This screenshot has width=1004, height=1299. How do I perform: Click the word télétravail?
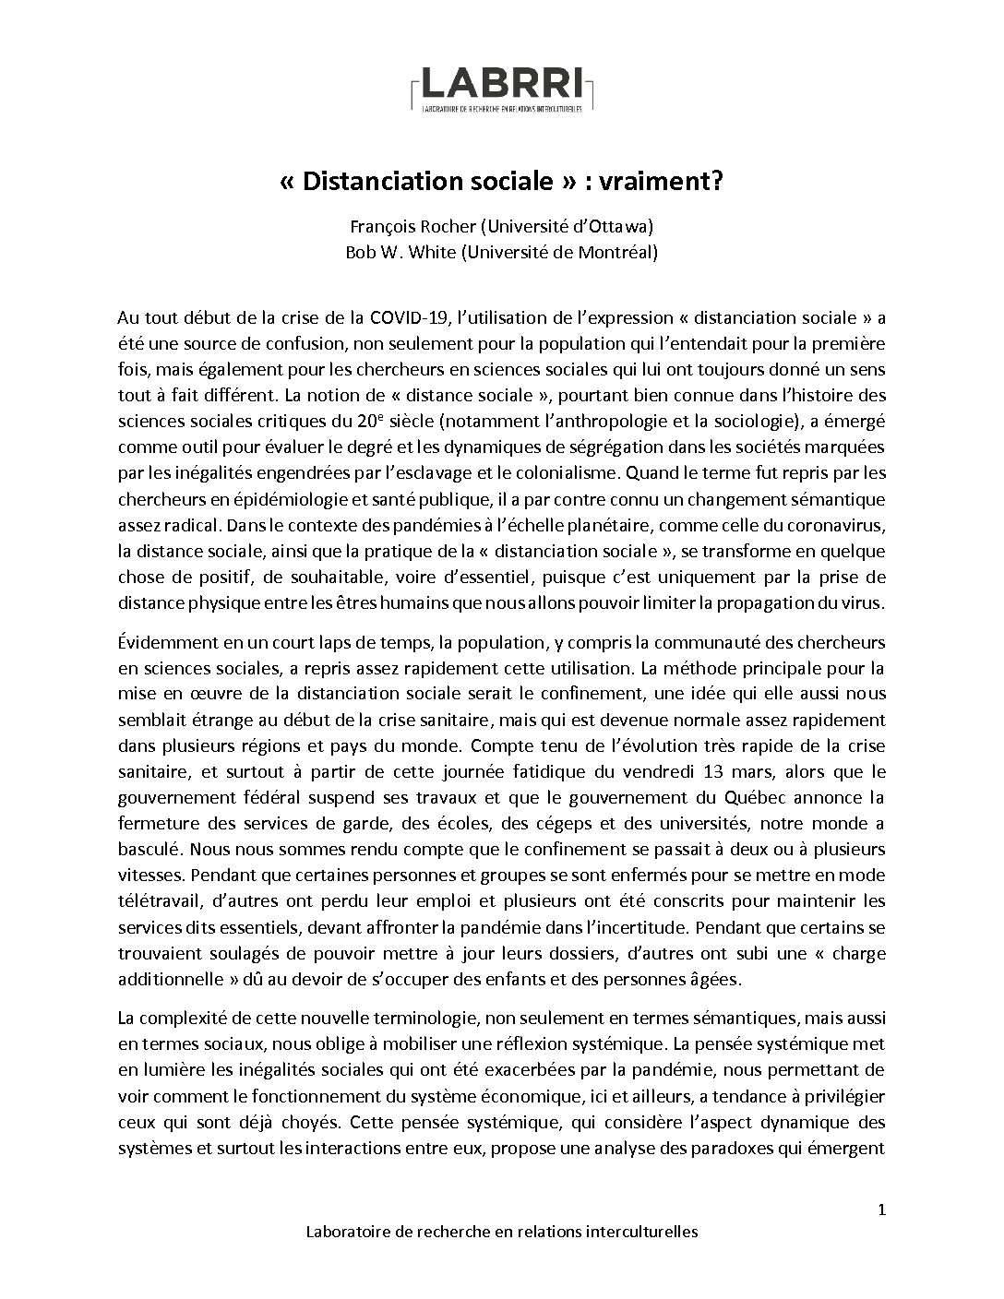click(155, 875)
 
